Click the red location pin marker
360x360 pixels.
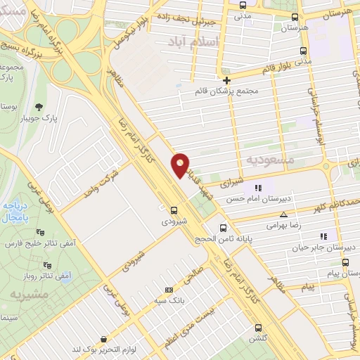click(x=181, y=165)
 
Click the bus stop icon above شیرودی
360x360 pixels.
click(x=174, y=210)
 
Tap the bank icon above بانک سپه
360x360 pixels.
click(x=168, y=290)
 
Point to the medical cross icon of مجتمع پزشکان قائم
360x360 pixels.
click(x=226, y=80)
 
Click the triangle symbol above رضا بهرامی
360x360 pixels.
click(x=283, y=214)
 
